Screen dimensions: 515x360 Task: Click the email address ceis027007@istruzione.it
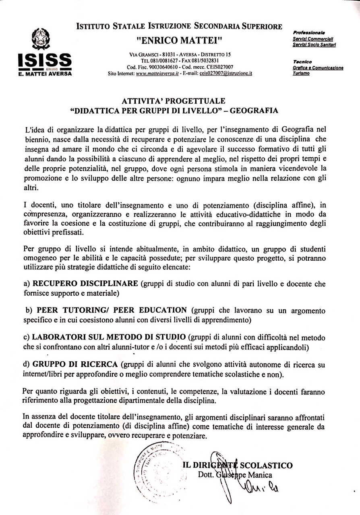coord(226,74)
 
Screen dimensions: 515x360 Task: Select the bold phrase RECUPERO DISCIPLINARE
coord(85,284)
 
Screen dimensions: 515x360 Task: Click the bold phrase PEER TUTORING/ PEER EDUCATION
coord(112,310)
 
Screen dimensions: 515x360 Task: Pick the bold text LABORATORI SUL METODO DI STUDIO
coord(109,337)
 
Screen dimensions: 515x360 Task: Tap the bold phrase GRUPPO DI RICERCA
coord(75,365)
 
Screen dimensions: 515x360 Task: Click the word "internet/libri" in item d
coord(44,374)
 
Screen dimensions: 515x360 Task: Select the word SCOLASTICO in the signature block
coord(266,466)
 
